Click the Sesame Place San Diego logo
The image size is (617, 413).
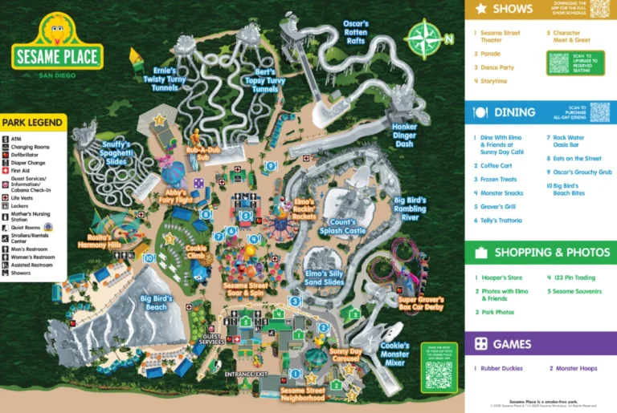click(57, 48)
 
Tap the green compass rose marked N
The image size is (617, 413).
click(426, 38)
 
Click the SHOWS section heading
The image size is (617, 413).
click(513, 9)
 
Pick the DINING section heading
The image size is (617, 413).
click(514, 112)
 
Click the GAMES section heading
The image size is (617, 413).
click(511, 344)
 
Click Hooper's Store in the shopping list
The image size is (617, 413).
click(502, 277)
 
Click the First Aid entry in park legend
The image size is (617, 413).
click(21, 171)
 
